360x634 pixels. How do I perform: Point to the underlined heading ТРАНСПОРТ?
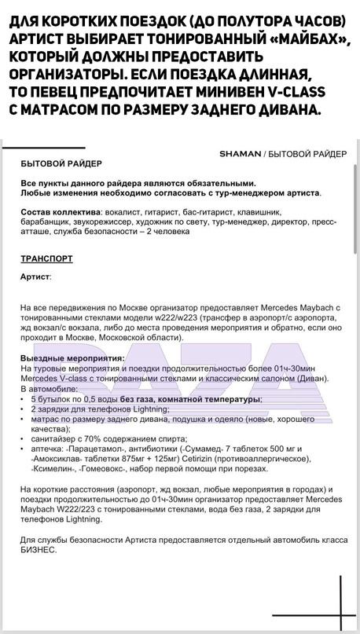[x=46, y=257]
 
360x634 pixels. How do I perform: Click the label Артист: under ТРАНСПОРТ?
[x=36, y=277]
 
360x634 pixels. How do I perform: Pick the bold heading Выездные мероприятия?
[x=73, y=358]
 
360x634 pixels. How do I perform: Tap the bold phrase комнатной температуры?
[x=208, y=399]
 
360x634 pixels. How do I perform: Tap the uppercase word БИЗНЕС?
[x=39, y=550]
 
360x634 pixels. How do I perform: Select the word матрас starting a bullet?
[x=47, y=420]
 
